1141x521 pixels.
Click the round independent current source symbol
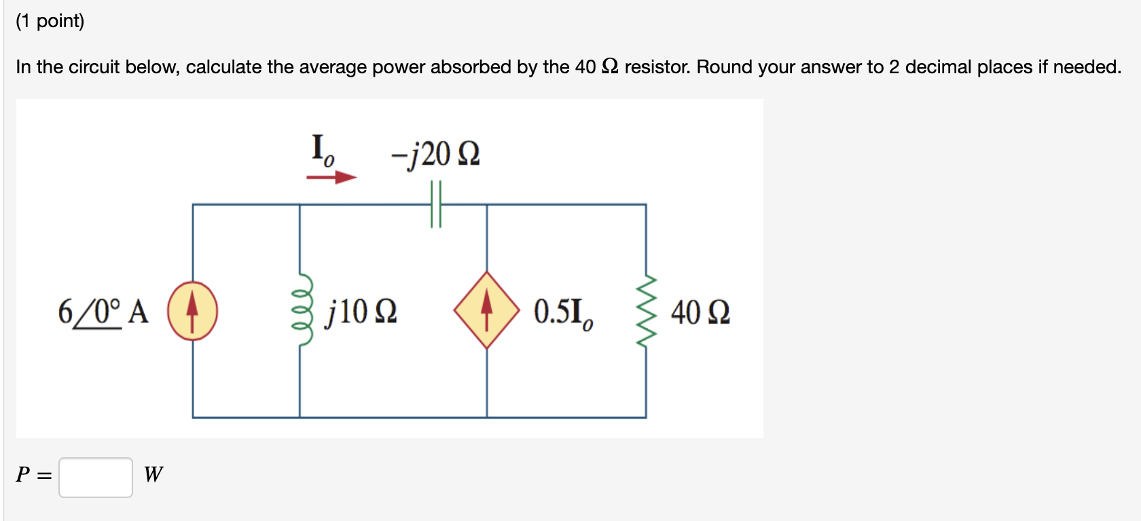[x=192, y=311]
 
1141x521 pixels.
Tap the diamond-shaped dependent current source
[x=486, y=310]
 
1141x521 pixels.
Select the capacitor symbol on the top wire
[x=436, y=204]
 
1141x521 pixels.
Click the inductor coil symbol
[x=303, y=311]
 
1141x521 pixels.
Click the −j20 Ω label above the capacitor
[x=435, y=154]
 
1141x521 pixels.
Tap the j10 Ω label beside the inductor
[x=361, y=312]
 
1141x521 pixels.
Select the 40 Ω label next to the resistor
[x=700, y=313]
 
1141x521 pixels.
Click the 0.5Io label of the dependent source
[x=562, y=312]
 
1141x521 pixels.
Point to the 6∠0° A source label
[x=103, y=312]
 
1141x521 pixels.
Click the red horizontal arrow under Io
[x=331, y=178]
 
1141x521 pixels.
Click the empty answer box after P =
[x=96, y=478]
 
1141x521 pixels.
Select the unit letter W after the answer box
[x=153, y=474]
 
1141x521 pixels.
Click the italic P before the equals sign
[x=23, y=474]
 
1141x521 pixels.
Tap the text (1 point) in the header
[x=50, y=21]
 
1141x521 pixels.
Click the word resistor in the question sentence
[x=656, y=67]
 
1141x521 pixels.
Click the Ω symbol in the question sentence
[x=610, y=66]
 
